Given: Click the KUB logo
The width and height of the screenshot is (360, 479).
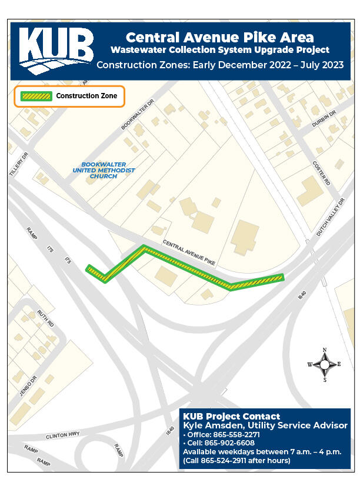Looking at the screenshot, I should tap(56, 50).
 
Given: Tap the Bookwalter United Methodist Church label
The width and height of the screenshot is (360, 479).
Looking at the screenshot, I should tap(104, 170).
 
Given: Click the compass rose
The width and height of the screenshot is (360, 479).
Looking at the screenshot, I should tap(324, 364).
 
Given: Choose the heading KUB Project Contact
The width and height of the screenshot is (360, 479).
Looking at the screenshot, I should tap(231, 416).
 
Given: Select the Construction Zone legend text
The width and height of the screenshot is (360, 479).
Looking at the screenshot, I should tap(86, 96).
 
